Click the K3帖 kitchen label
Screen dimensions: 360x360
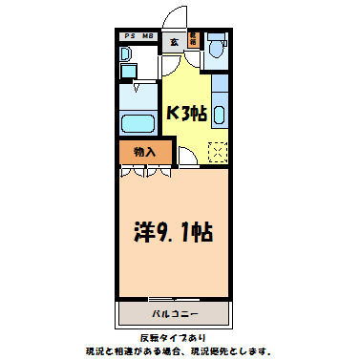click(x=186, y=114)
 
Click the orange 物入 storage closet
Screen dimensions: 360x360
click(x=144, y=152)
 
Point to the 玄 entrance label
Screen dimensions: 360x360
click(x=174, y=41)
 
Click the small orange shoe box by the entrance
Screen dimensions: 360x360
click(x=193, y=40)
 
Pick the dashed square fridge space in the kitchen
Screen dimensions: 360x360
click(x=218, y=151)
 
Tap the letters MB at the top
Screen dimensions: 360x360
click(x=148, y=36)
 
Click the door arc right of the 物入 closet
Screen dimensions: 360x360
click(x=188, y=156)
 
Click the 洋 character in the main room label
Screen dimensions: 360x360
click(x=144, y=230)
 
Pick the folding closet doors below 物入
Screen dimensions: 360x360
click(x=146, y=172)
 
